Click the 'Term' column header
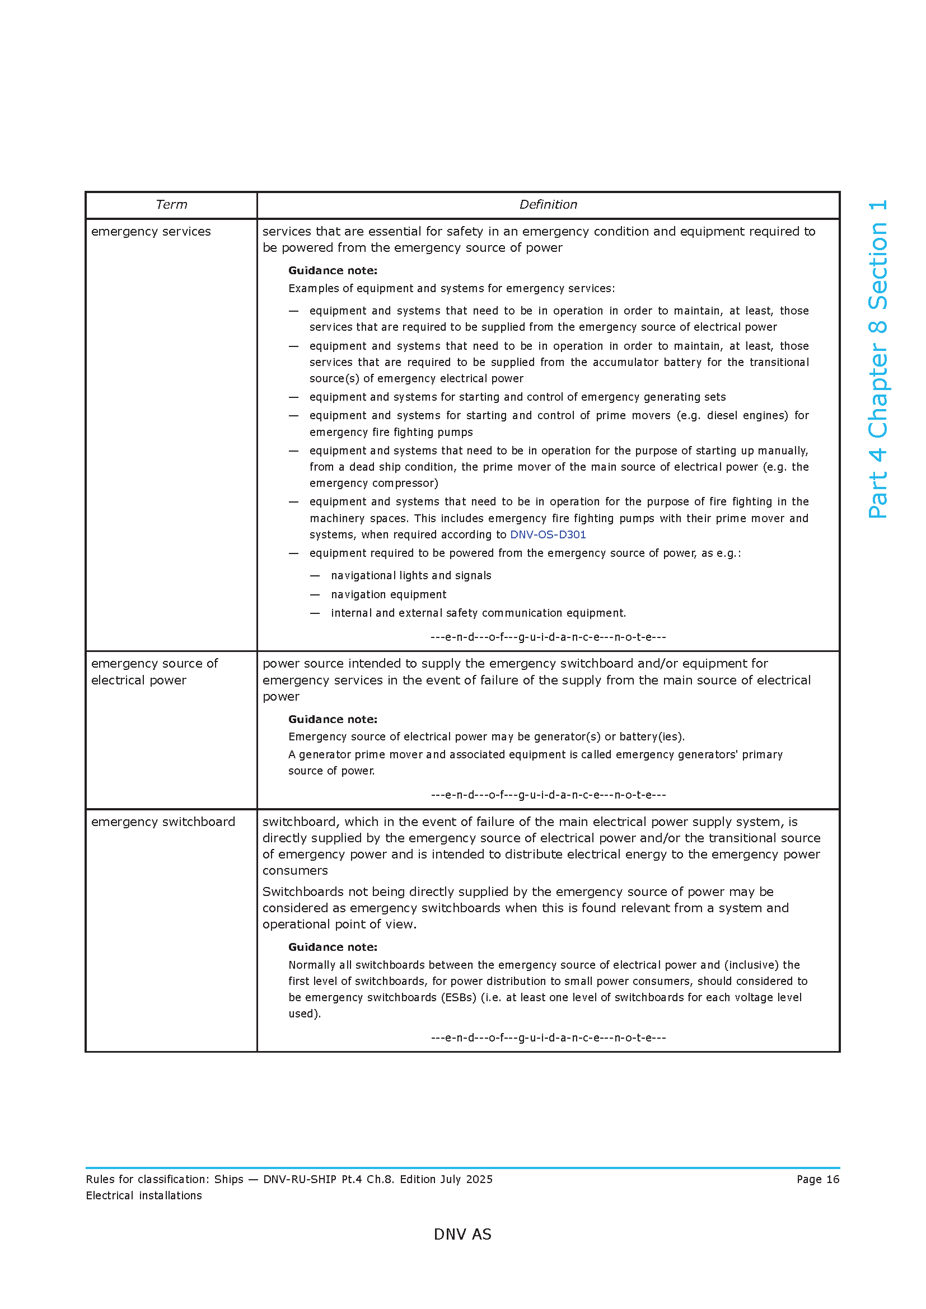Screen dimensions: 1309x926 click(171, 205)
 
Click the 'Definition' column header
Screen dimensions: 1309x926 click(548, 205)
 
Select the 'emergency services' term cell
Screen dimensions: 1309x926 click(151, 232)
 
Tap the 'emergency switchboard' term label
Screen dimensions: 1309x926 click(163, 822)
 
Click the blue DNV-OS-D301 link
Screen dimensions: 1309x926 click(548, 535)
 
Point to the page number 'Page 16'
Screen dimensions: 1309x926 click(817, 1179)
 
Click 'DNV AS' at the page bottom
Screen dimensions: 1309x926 click(462, 1235)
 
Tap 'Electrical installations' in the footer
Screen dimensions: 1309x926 click(144, 1195)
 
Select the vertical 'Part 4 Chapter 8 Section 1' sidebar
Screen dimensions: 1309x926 click(877, 359)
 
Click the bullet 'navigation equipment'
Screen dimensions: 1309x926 click(389, 595)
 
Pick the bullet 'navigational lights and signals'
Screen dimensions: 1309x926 click(410, 576)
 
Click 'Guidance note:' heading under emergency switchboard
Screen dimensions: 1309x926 click(333, 947)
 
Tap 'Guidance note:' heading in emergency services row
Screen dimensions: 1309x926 click(333, 270)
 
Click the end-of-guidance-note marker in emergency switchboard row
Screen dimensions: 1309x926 click(548, 1038)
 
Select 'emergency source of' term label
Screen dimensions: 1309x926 click(155, 664)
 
